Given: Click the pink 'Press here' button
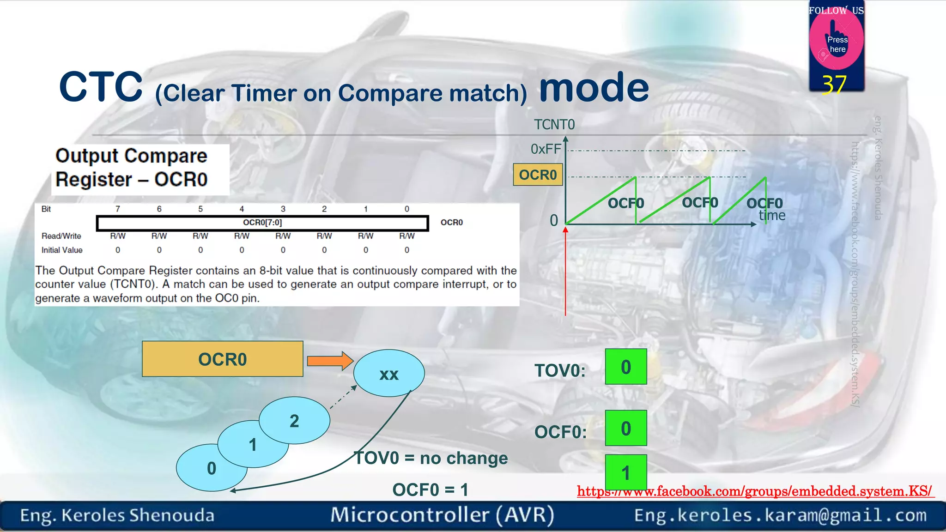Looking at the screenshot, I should [x=837, y=42].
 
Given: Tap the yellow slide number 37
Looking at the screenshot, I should [x=834, y=85].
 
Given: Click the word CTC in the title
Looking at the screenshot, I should [x=101, y=87].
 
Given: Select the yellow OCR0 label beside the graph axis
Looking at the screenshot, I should [x=538, y=175].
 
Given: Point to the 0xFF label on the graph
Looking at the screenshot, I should [x=546, y=149].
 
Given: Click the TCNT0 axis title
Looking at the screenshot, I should [x=554, y=125].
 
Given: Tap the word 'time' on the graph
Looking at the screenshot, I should [x=772, y=216].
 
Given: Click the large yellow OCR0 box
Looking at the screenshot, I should [x=222, y=359].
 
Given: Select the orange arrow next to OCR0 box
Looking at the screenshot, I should [x=330, y=361].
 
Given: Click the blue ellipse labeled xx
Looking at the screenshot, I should [x=388, y=373].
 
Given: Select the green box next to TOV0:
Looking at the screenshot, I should [x=625, y=367].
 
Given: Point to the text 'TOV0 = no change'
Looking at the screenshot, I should [x=431, y=458].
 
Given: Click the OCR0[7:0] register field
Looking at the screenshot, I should [x=262, y=223].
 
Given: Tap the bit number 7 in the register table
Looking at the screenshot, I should [x=118, y=209].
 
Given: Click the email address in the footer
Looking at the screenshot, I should [x=780, y=515].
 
